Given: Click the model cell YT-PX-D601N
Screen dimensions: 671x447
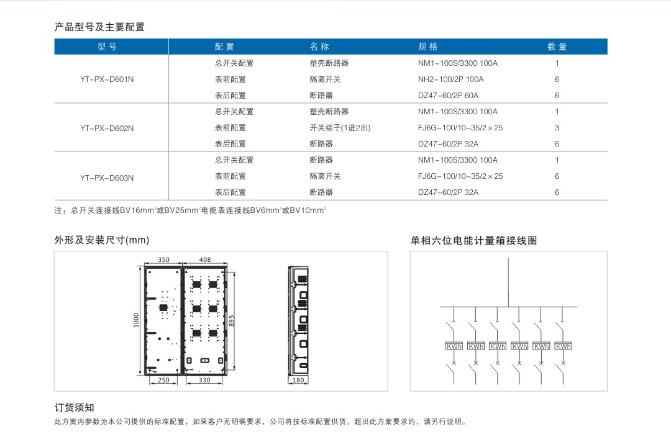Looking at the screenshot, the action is pos(107,79).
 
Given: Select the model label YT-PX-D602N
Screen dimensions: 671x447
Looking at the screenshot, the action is pos(107,129).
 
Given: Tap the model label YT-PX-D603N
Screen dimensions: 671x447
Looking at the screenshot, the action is pos(107,178).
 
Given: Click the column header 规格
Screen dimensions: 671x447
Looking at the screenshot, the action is pos(428,47).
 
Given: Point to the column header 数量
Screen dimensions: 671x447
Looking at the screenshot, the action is pos(557,47).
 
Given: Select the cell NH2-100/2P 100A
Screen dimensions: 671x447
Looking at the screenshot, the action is pos(450,79).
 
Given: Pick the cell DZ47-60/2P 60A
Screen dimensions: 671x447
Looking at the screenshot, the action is pos(448,96).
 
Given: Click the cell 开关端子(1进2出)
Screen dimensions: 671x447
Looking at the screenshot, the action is pos(340,128).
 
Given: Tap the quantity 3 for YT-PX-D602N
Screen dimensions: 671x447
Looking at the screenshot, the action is pos(557,128).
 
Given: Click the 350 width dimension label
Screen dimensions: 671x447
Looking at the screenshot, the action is pos(163,260).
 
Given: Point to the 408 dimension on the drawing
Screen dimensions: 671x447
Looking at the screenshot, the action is pos(205,260).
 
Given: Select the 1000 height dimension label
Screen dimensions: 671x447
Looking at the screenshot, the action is pos(136,320).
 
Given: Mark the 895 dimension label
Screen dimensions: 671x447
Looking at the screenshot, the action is pos(232,321).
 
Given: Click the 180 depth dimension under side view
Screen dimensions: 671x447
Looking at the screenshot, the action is pos(298,380).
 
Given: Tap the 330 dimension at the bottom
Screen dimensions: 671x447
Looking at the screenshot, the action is pos(204,380).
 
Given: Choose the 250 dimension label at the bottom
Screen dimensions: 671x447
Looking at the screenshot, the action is pos(163,380).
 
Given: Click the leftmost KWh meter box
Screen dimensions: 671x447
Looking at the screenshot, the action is pos(454,346).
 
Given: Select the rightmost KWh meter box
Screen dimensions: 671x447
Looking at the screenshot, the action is pos(563,346).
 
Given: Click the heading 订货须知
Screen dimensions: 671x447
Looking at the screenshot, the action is pos(74,408).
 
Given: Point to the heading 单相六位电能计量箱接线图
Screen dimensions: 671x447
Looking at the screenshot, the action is pos(473,240).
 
